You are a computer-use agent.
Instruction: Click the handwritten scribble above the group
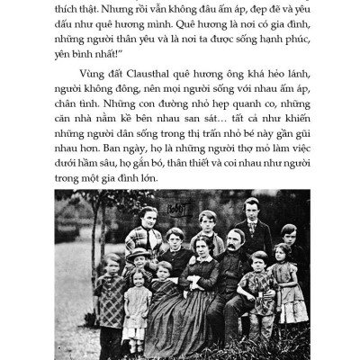pyautogui.click(x=176, y=209)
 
